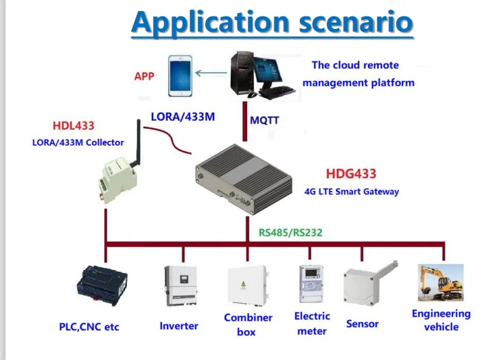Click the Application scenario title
click(x=272, y=22)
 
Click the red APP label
click(x=144, y=76)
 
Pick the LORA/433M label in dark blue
click(x=183, y=117)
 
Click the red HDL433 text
click(x=73, y=126)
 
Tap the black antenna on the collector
click(x=136, y=146)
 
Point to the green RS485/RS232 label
click(x=290, y=232)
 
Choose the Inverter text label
click(x=178, y=326)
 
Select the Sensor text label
click(x=362, y=323)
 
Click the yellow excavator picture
click(x=441, y=282)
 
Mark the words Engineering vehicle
click(x=441, y=320)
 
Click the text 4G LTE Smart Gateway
click(x=351, y=192)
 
